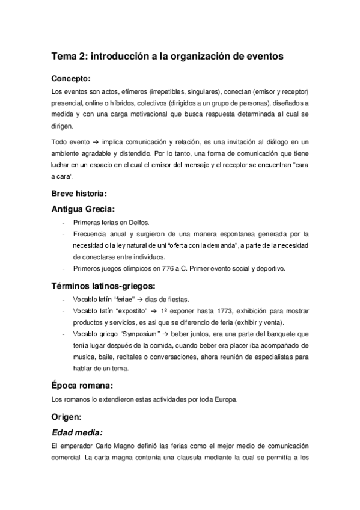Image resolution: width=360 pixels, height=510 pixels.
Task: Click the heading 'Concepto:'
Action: coord(71,78)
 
